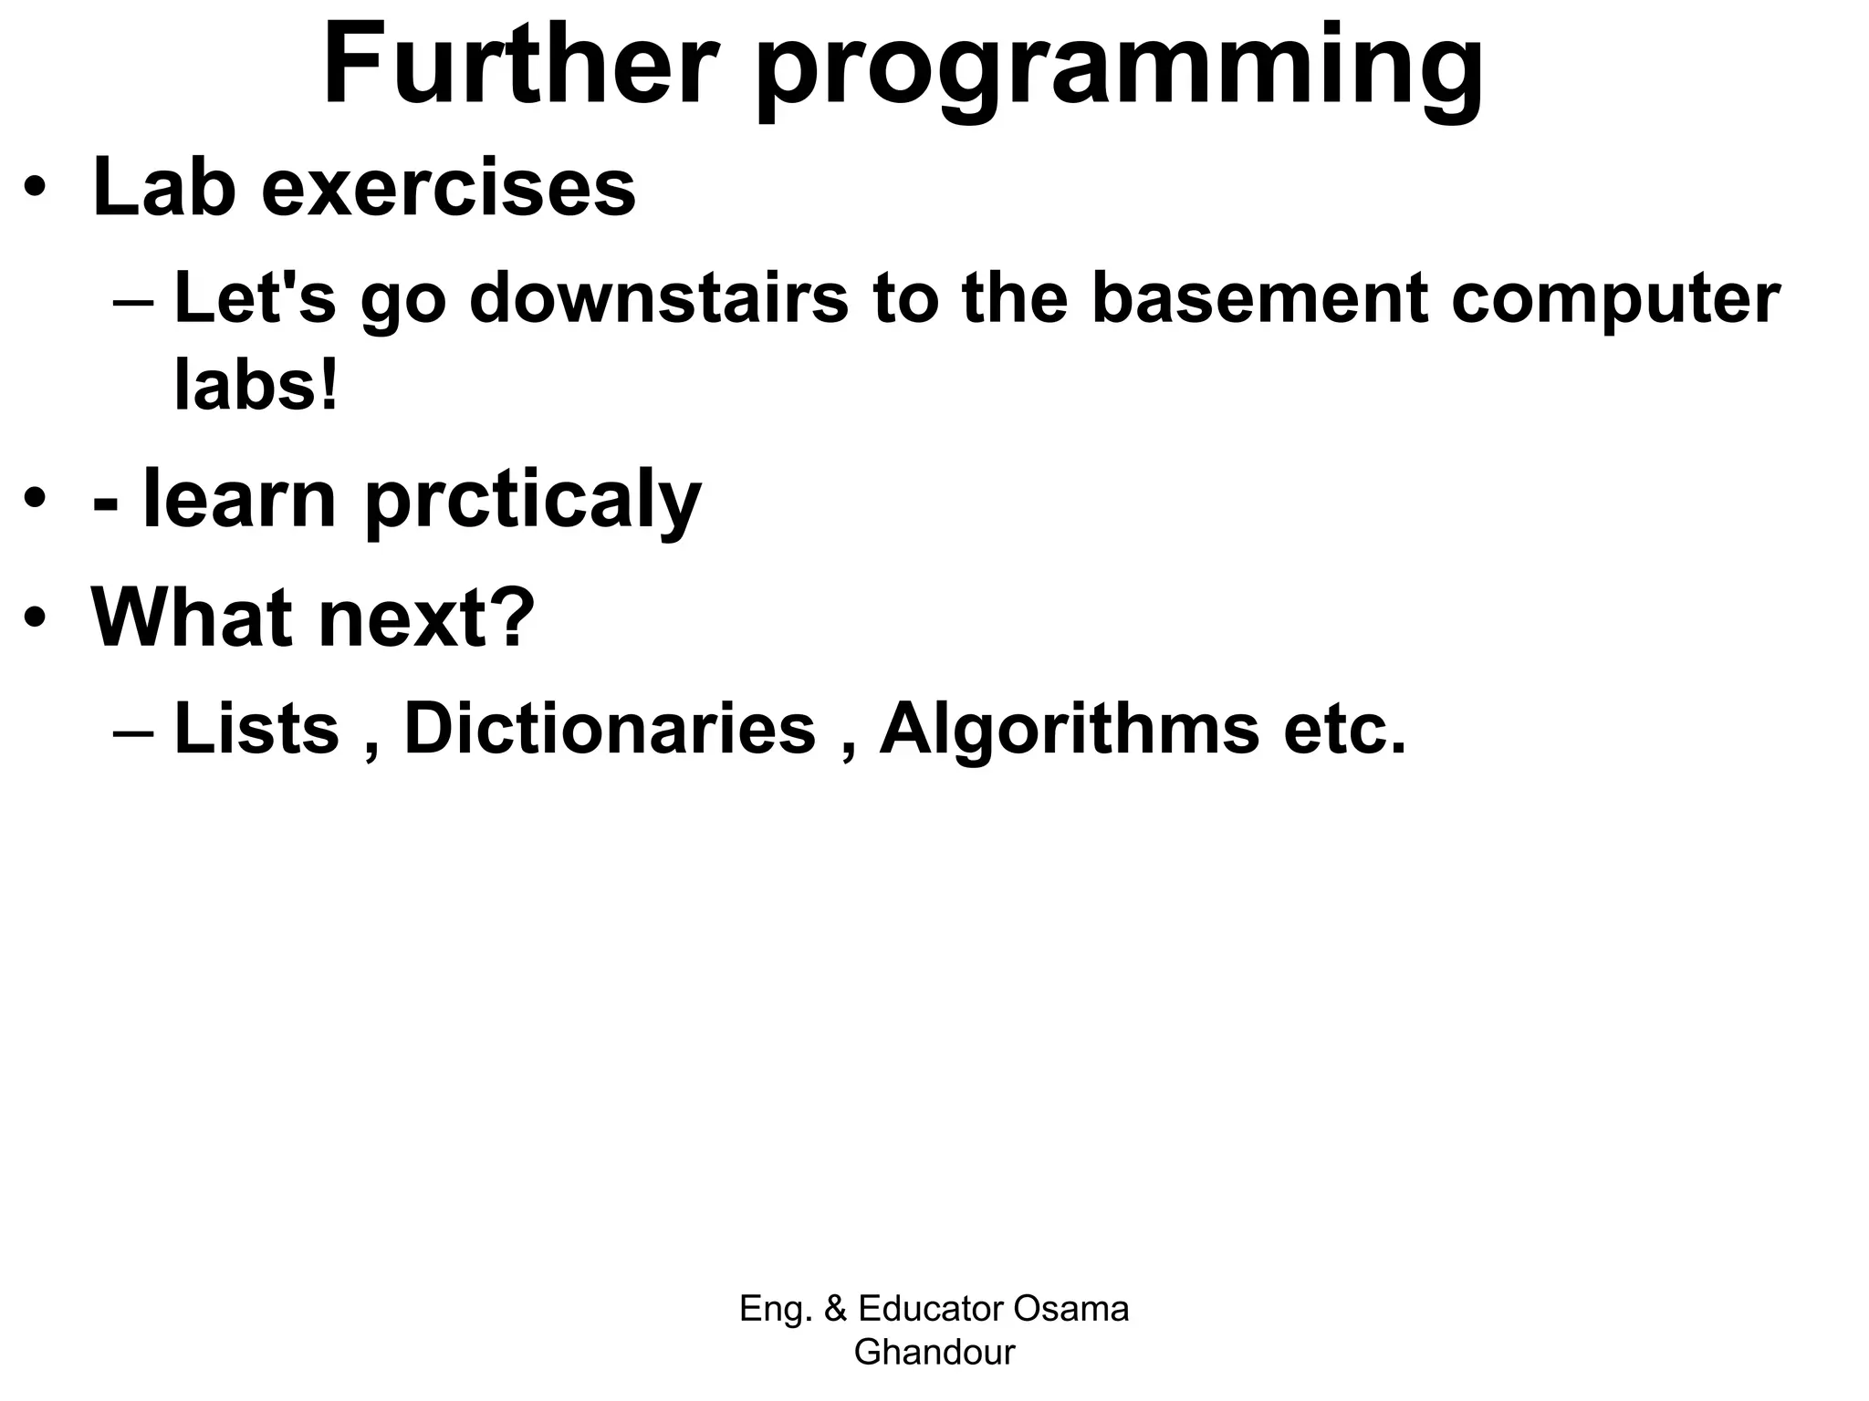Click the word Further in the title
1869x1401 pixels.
click(x=518, y=68)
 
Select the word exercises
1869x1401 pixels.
click(x=448, y=189)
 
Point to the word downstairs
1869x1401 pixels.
click(x=658, y=299)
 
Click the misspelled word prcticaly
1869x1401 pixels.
click(x=534, y=502)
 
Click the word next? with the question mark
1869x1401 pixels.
click(x=425, y=617)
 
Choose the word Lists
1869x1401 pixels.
click(x=256, y=729)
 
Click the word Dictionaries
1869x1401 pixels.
click(x=610, y=729)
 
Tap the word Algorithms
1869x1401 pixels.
click(x=1069, y=731)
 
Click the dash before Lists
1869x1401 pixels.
click(x=135, y=732)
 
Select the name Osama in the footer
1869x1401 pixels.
click(x=1070, y=1309)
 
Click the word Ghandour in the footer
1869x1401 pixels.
click(x=934, y=1352)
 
